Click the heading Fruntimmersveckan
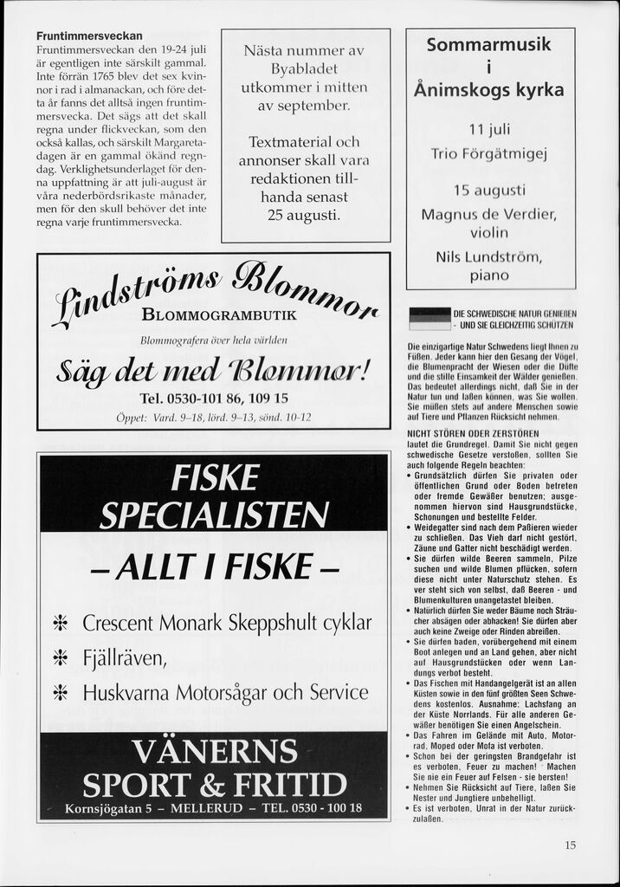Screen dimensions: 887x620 click(89, 36)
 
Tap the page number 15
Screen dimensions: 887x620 click(570, 845)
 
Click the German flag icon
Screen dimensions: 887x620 click(429, 318)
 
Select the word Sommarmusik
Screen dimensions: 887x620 click(488, 45)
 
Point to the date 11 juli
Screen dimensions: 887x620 click(488, 130)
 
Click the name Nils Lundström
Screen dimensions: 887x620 click(488, 256)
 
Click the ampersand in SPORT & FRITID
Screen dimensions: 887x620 click(212, 785)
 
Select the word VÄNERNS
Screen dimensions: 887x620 click(214, 750)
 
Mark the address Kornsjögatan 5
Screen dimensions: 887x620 click(109, 809)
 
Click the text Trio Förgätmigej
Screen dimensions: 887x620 click(488, 154)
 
